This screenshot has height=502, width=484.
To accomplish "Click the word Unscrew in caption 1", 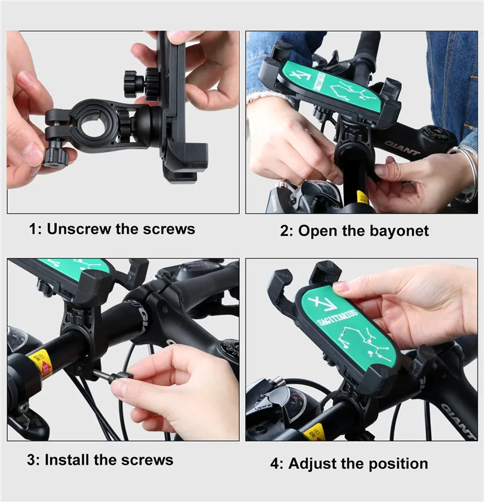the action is tap(79, 229).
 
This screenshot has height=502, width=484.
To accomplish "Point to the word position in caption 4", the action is tap(395, 463).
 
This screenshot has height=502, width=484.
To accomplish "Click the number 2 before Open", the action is tap(285, 231).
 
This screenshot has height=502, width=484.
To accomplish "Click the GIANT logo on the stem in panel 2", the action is tap(402, 147).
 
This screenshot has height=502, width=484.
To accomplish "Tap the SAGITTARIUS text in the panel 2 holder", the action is tap(319, 81).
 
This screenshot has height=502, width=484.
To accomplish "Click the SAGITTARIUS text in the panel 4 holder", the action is tap(337, 317).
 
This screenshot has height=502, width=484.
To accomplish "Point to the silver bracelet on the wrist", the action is tap(467, 173).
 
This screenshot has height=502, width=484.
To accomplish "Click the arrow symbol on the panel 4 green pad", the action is tap(321, 302).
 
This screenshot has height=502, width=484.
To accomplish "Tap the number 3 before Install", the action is tap(31, 460).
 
